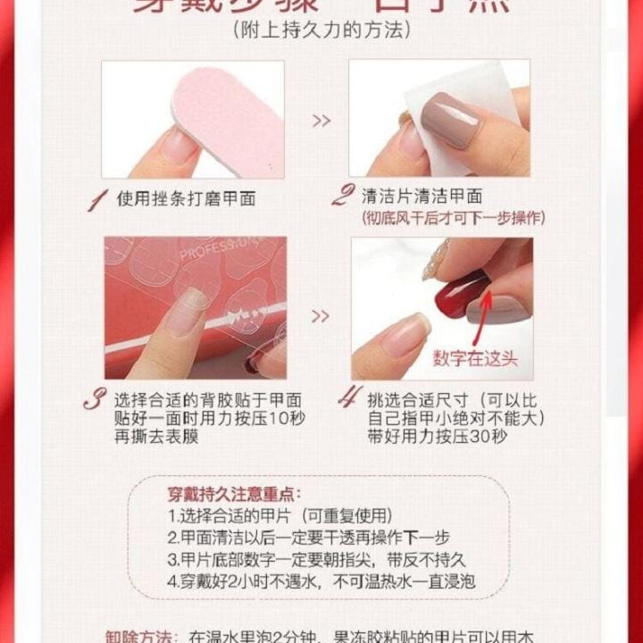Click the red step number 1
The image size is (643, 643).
[96, 199]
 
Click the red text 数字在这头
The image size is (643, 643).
[475, 360]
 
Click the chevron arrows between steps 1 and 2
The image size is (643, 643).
[321, 121]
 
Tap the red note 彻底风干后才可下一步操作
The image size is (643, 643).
[453, 218]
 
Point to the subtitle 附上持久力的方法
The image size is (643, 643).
[321, 29]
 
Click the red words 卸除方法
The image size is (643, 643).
[138, 636]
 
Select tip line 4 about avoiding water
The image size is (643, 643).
[321, 581]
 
